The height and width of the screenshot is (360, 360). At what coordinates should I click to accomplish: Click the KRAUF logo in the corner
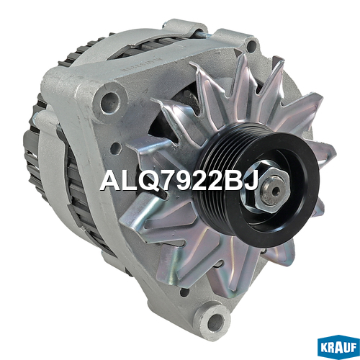[338, 346]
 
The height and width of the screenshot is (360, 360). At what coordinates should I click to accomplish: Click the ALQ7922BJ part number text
[179, 181]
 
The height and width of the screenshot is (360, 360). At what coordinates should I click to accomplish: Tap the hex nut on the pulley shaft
[272, 189]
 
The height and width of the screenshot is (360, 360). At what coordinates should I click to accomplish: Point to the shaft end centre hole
[276, 190]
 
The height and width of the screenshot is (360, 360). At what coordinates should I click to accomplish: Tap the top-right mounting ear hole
[251, 45]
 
